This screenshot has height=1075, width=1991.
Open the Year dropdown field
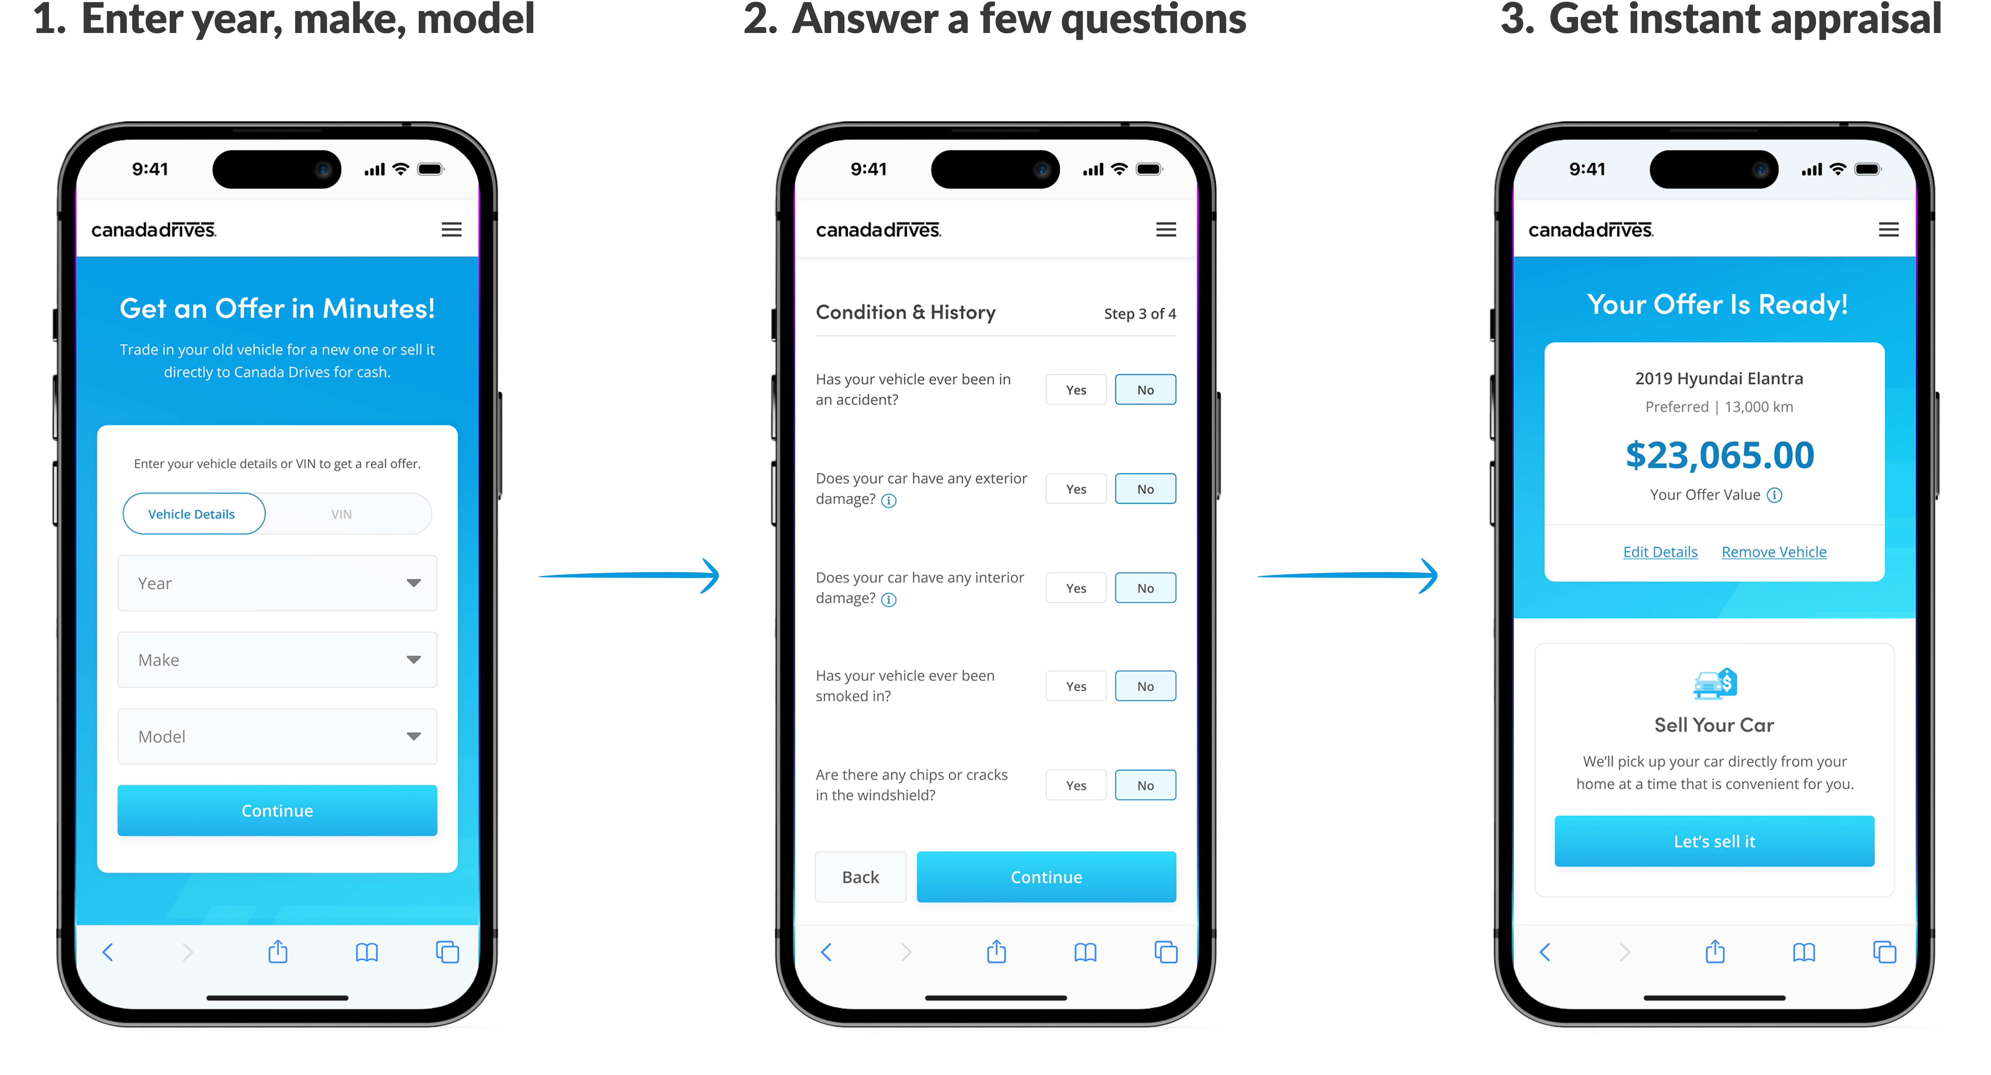[277, 584]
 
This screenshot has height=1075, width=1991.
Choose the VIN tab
[341, 514]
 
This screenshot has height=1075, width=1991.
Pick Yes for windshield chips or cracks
[1076, 785]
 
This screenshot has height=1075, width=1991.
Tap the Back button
[860, 877]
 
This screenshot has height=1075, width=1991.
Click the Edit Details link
[1659, 552]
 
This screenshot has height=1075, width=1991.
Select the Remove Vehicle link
[1774, 552]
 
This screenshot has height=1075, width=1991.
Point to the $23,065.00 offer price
[1719, 455]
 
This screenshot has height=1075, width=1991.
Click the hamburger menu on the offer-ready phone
[1888, 229]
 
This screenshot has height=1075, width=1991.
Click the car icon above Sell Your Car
[1714, 683]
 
